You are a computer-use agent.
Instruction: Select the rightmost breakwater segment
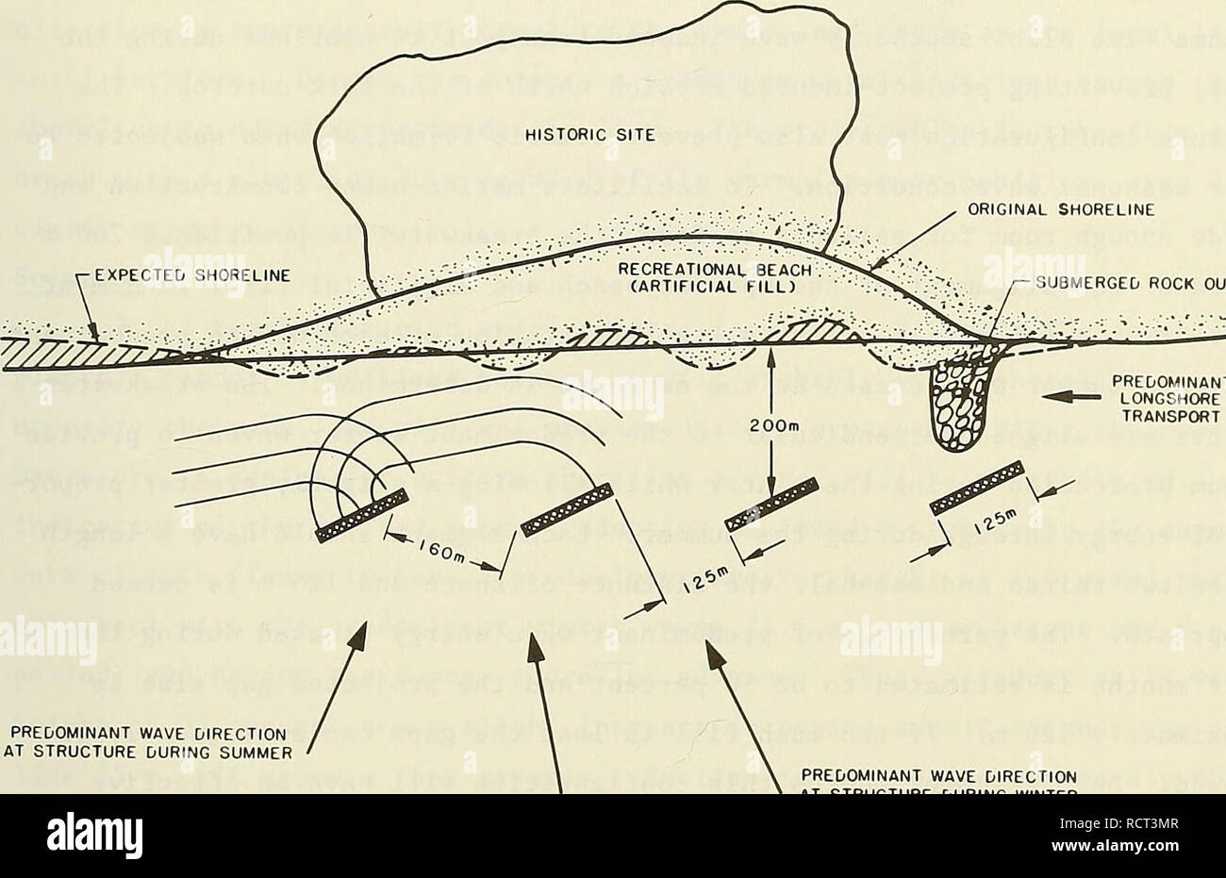(x=977, y=488)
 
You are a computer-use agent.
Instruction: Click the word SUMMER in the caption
(x=245, y=751)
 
